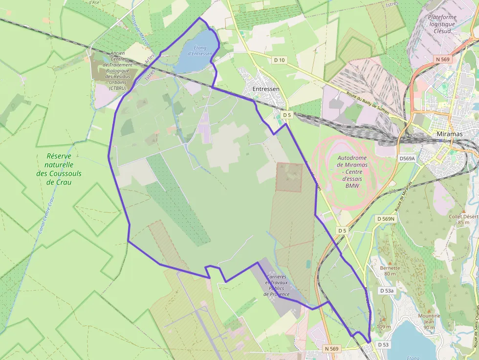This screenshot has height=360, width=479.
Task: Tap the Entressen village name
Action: tap(266, 89)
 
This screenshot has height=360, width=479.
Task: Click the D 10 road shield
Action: tap(279, 60)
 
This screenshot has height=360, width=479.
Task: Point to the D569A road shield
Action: tap(407, 159)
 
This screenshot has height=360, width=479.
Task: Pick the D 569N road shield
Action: tap(386, 219)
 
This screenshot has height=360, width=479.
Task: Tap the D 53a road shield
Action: tap(387, 291)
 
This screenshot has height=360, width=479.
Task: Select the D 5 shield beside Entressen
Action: tap(286, 115)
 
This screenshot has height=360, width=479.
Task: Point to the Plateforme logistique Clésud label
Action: tap(442, 23)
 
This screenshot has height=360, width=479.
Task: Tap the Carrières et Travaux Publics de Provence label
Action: tap(277, 285)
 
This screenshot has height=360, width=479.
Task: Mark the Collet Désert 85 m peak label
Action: tap(463, 219)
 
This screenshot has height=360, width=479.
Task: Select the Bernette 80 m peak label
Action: tap(390, 271)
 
